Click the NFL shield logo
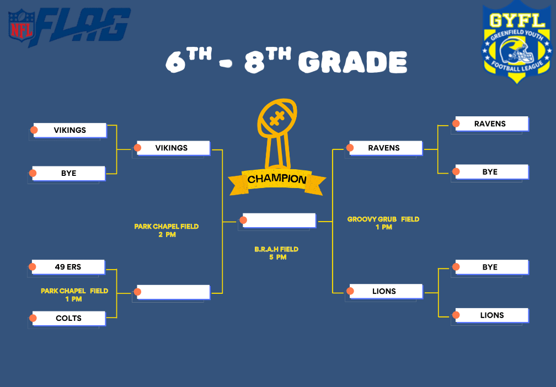click(22, 25)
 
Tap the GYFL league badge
click(517, 42)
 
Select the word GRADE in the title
click(352, 62)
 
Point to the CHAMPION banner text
click(276, 179)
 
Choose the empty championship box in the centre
click(279, 221)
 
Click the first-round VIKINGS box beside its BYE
click(70, 130)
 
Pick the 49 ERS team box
click(68, 267)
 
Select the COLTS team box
click(68, 318)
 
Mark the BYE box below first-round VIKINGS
click(68, 173)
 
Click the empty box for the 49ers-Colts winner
click(173, 292)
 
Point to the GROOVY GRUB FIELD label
click(383, 219)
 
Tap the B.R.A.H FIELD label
click(276, 249)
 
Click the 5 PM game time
click(277, 257)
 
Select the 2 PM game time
click(167, 235)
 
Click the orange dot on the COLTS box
click(33, 318)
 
